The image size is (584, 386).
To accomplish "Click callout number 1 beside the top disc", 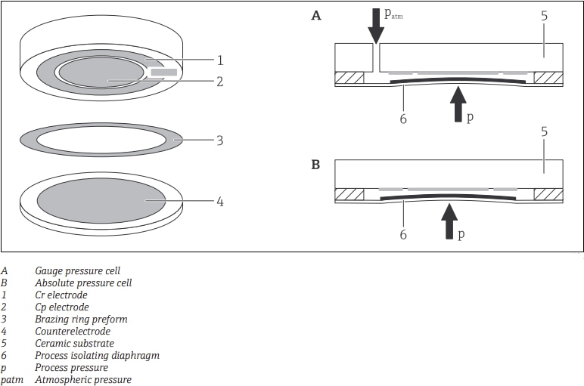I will coord(220,60).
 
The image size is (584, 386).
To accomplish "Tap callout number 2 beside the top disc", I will coord(220,81).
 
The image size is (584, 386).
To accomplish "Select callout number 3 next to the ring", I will coord(220,140).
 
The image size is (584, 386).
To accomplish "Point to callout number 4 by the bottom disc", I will coord(220,202).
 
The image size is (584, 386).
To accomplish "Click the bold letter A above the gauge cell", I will coord(316,15).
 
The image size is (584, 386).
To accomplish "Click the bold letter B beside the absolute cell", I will coord(316,163).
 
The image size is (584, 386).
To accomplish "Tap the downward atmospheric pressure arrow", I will coord(376,24).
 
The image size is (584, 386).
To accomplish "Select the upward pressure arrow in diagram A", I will coord(458,103).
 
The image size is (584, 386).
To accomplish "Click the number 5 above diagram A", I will coord(544,14).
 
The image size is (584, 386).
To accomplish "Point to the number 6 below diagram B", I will coord(403,235).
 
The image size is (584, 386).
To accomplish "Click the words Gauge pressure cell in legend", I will coord(77,270).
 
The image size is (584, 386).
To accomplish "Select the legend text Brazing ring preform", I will coord(81,319).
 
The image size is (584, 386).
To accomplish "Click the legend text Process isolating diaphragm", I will coord(97,355).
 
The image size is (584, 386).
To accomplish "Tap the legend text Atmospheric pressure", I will coord(82,380).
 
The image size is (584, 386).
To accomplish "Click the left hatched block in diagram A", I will coord(349,78).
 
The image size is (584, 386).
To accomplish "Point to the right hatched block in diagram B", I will coord(548,193).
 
